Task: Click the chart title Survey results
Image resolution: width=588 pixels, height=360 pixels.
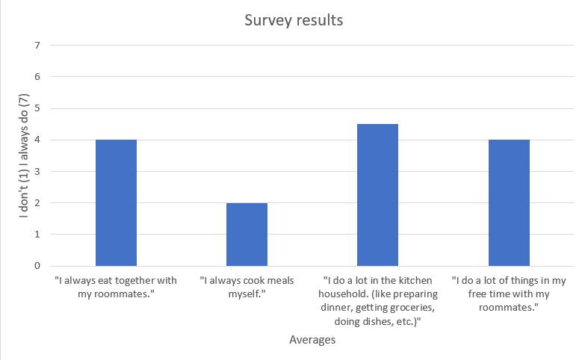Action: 294,20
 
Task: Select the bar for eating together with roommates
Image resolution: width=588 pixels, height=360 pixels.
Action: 117,203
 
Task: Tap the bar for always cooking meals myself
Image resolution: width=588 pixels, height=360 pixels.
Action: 247,235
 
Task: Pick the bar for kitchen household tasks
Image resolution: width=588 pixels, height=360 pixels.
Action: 377,195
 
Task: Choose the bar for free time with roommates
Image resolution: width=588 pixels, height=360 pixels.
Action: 509,203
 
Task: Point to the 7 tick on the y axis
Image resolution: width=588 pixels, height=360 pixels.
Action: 37,46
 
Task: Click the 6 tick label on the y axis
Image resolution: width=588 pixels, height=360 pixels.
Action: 37,77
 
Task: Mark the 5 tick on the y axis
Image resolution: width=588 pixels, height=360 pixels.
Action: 37,108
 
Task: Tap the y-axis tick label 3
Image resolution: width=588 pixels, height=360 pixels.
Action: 37,171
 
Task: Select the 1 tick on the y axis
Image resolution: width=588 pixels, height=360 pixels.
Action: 37,235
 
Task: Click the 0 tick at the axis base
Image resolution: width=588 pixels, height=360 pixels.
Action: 37,266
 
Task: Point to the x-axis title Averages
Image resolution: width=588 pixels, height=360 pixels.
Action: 312,340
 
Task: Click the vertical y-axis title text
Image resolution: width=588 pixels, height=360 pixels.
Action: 24,155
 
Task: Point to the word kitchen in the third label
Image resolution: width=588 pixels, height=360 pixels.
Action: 415,281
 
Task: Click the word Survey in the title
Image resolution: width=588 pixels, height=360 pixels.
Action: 265,21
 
